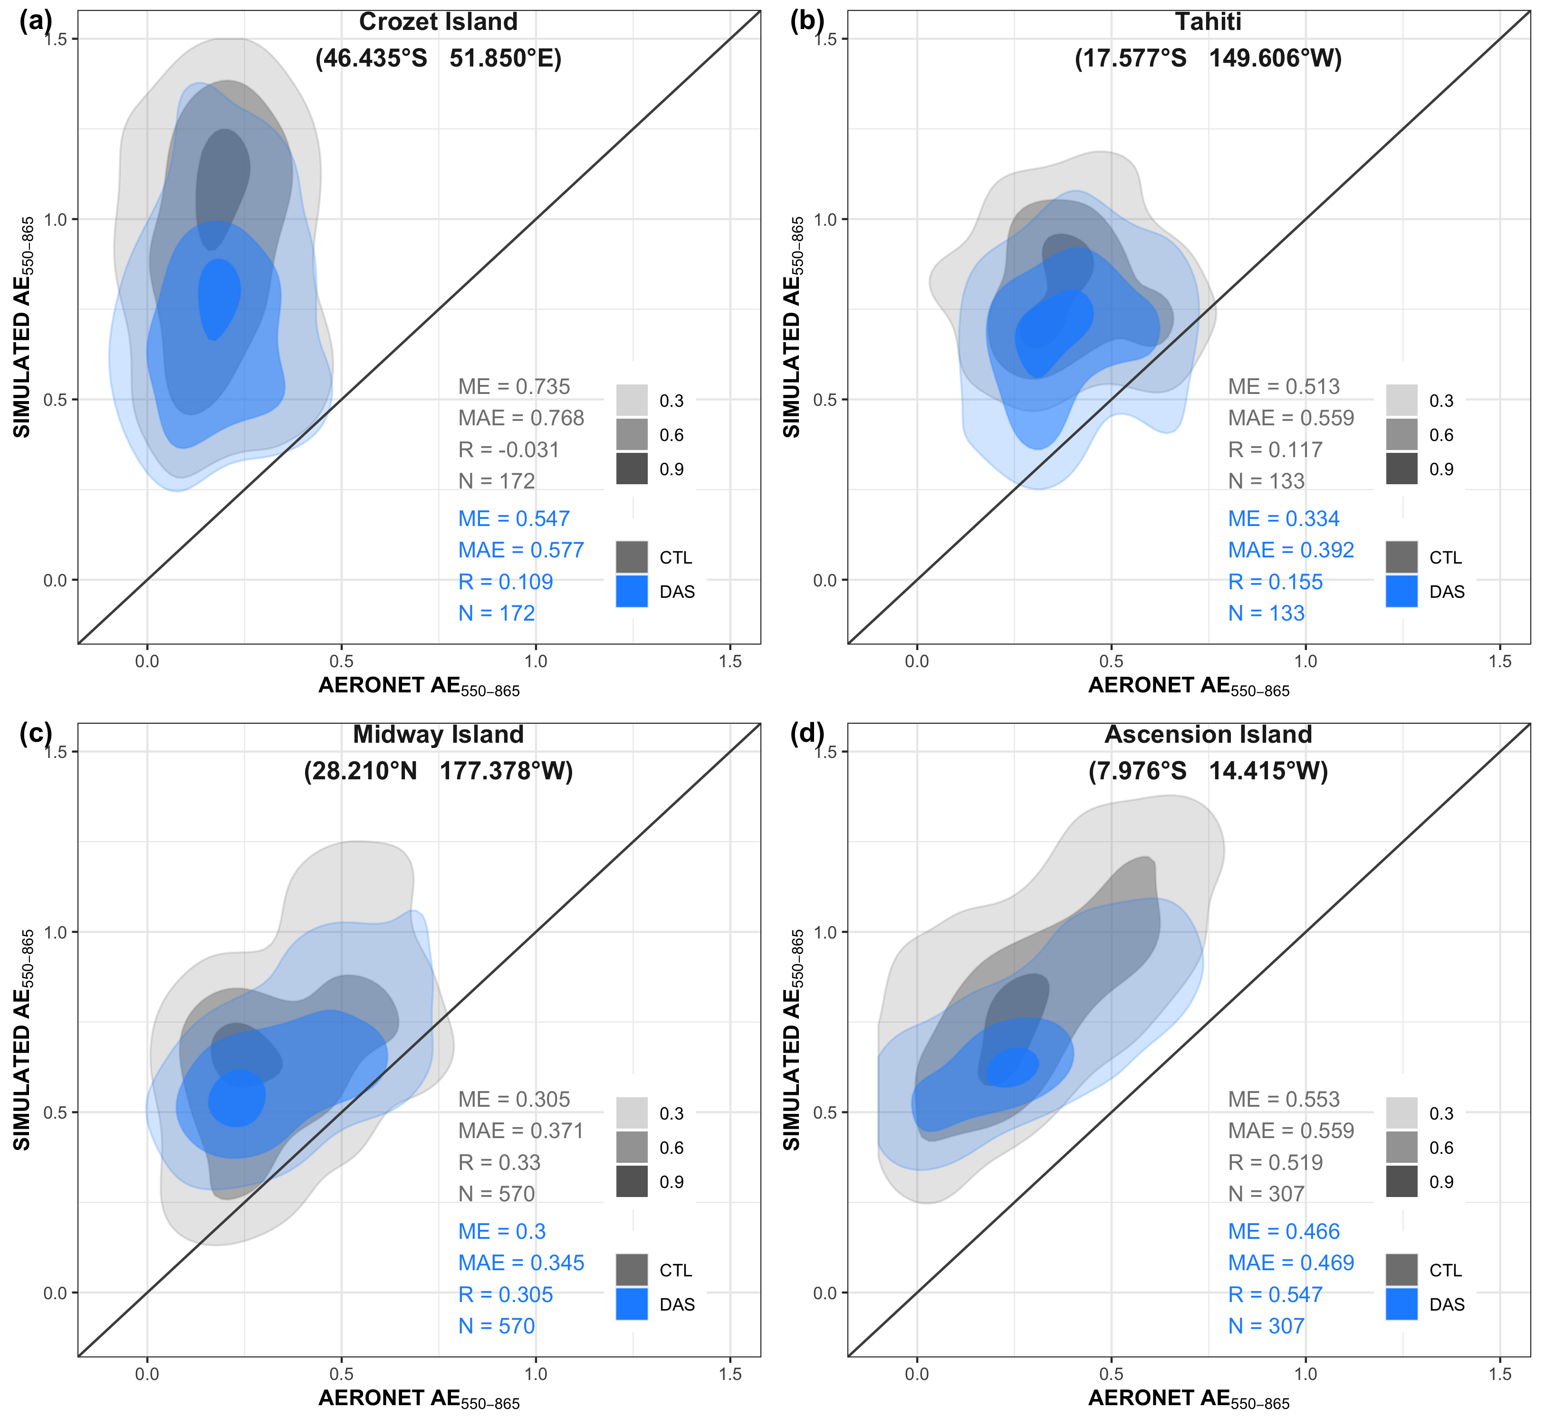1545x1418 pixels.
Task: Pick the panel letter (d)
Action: point(806,734)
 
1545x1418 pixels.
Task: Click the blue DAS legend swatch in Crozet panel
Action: point(632,591)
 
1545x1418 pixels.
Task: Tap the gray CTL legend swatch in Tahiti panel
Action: point(1401,557)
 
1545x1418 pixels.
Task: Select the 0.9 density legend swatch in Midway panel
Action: point(632,1182)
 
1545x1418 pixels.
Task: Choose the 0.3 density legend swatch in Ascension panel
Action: point(1401,1113)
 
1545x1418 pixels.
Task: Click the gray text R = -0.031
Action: point(509,450)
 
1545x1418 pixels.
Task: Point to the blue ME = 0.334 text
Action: point(1283,519)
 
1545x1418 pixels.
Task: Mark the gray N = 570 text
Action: point(497,1194)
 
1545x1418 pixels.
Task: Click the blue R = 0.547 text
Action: point(1276,1294)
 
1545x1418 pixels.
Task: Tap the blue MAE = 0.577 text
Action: point(521,550)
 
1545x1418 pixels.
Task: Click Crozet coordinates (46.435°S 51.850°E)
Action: point(438,58)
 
